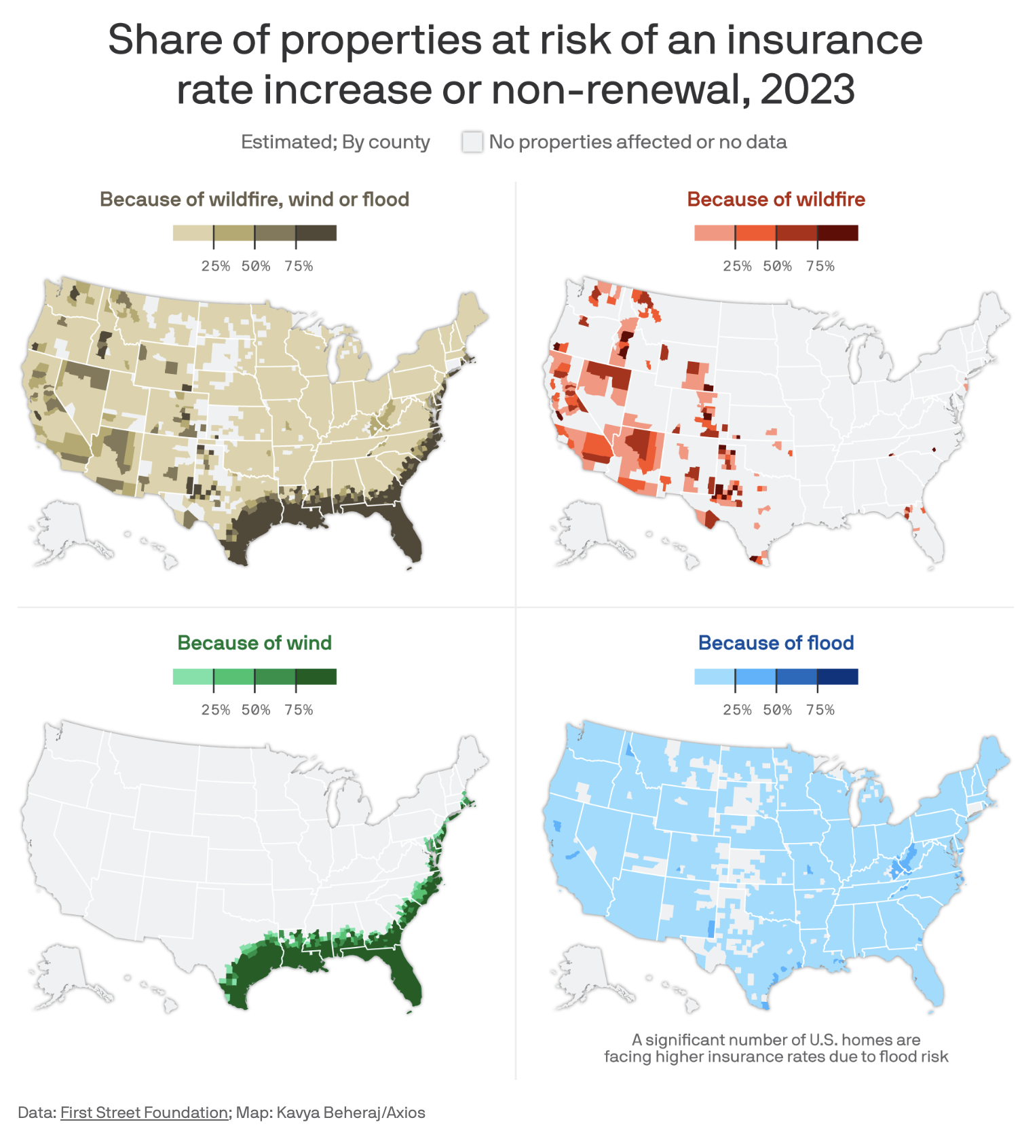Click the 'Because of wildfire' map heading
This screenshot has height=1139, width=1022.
click(x=776, y=200)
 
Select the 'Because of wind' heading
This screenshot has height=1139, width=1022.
click(x=254, y=643)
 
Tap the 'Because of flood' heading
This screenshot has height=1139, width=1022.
click(x=776, y=643)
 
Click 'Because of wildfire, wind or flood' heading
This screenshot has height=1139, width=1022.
click(x=254, y=200)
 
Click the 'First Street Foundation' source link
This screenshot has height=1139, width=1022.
click(x=144, y=1113)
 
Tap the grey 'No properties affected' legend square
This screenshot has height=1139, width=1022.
click(x=472, y=142)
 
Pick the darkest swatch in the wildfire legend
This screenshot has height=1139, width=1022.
click(x=838, y=233)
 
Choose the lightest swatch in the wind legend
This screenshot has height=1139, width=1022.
click(x=193, y=677)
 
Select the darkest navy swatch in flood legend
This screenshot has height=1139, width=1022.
click(x=838, y=677)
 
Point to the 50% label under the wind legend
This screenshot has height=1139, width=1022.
click(x=256, y=710)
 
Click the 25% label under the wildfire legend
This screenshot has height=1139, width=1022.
click(x=737, y=266)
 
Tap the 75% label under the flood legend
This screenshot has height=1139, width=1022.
click(x=820, y=710)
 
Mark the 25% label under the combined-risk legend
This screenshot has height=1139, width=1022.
click(x=216, y=266)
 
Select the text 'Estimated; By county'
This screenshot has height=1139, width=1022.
click(x=335, y=142)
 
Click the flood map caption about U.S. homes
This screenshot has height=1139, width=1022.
click(x=776, y=1048)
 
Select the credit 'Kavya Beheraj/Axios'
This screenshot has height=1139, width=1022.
click(x=351, y=1113)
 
